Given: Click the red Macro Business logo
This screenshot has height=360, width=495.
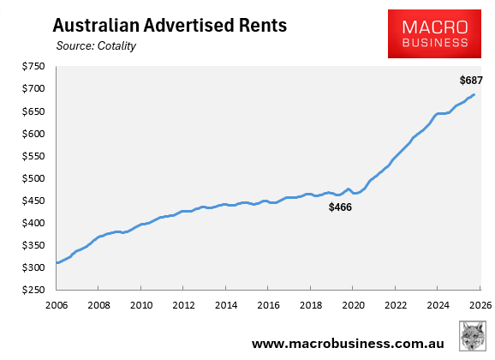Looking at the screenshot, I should (x=439, y=33).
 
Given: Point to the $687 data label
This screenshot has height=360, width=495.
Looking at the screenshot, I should (x=471, y=81).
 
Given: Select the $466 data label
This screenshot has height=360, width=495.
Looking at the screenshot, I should (x=341, y=207).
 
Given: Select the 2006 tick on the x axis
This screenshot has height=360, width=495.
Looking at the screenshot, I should (x=57, y=304).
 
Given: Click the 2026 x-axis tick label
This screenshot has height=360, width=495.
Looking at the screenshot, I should (x=480, y=304).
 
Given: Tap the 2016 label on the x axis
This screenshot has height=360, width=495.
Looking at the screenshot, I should (x=268, y=304).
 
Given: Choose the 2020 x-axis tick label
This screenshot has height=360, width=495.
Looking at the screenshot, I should (x=353, y=304).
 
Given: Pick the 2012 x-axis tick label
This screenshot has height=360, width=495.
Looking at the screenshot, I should (x=183, y=304).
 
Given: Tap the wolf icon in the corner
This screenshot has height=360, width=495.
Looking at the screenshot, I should (x=473, y=336).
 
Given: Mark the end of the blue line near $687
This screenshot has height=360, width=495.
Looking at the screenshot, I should (x=474, y=95).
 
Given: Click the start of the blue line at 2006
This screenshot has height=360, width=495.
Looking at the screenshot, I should (x=57, y=262).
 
